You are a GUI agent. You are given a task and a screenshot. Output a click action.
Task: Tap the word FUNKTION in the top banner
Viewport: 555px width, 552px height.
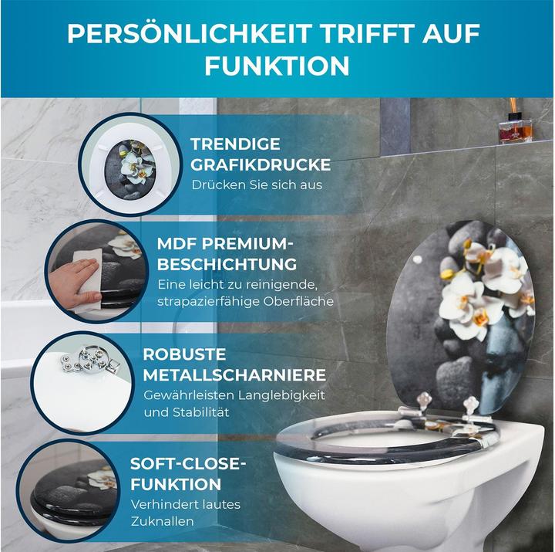277,66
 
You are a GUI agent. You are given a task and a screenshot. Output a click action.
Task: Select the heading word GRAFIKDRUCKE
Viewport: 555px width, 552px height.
261,164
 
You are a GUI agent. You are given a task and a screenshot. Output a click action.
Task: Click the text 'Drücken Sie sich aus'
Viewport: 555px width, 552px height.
257,185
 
